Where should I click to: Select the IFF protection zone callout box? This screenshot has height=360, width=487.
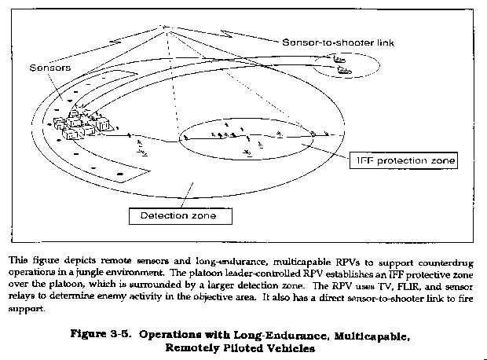403,161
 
